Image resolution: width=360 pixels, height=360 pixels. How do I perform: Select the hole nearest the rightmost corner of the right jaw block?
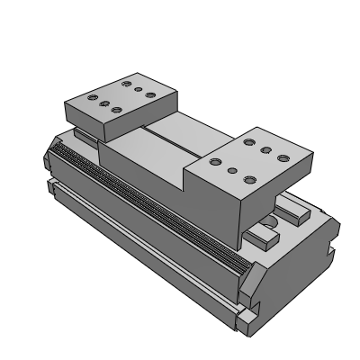(x=283, y=158)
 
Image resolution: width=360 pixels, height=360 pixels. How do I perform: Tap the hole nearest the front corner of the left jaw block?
(x=118, y=112)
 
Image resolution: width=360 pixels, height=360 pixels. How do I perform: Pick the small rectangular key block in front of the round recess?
(x=261, y=238)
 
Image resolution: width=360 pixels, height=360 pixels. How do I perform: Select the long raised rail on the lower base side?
(x=135, y=239)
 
